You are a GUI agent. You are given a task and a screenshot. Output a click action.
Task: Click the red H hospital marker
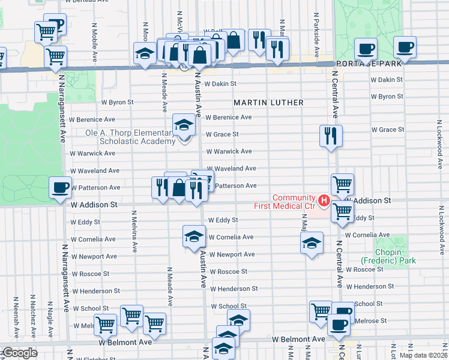coord(324,200)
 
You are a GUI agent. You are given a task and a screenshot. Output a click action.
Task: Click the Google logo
coord(19,353)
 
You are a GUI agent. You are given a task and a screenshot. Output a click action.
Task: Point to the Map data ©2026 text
coord(423,355)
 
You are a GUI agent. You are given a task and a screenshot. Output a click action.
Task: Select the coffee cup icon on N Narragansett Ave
coord(60,187)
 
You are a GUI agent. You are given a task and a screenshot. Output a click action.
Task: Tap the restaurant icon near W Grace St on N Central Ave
coord(331,136)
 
